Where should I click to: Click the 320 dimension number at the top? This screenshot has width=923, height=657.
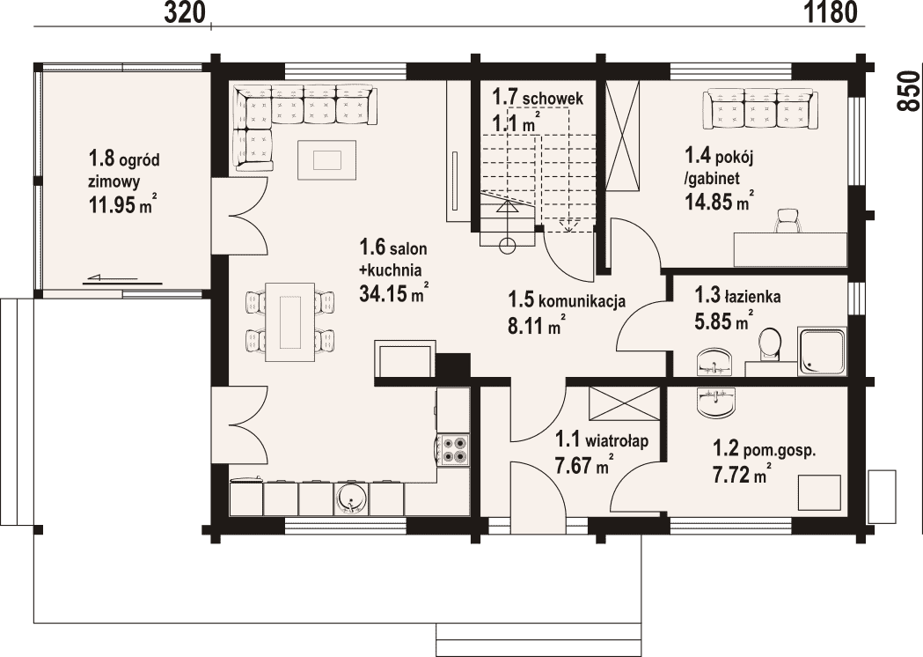tap(184, 12)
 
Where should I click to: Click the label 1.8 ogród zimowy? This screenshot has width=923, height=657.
tap(124, 169)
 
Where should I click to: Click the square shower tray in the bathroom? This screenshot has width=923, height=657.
tap(823, 352)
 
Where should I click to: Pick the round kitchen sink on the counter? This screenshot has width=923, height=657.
tap(351, 499)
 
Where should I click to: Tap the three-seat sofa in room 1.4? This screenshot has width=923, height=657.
tap(759, 107)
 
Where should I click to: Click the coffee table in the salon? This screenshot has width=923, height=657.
tap(326, 159)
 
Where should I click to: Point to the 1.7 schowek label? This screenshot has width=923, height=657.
tap(538, 96)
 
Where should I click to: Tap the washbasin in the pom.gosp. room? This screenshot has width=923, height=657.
tap(715, 403)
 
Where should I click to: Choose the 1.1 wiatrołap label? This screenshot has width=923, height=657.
tap(602, 439)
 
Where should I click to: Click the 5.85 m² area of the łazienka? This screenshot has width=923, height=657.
tap(725, 321)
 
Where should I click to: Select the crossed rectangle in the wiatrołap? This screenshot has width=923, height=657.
tap(625, 404)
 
